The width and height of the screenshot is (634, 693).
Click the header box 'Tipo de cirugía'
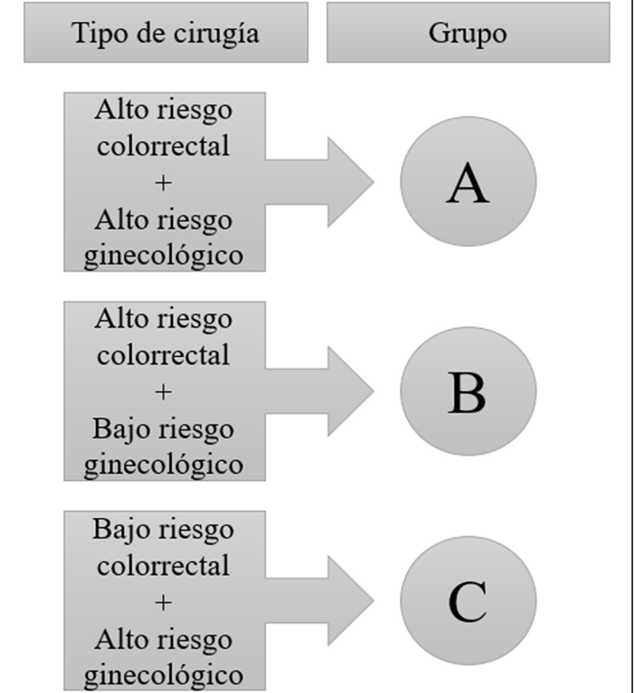point(166,32)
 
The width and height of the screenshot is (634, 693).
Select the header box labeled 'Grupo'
point(468,32)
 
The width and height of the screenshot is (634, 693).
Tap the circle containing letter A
point(468,181)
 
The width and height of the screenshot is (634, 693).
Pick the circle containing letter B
point(468,390)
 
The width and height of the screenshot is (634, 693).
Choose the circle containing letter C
point(468,600)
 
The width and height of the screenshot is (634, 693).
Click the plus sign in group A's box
point(164,182)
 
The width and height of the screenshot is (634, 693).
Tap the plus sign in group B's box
point(164,392)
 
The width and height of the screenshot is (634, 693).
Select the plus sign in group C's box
point(164,602)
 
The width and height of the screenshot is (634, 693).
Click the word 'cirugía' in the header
point(219,33)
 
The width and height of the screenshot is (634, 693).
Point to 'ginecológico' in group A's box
point(164,256)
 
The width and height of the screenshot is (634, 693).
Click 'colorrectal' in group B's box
point(164,355)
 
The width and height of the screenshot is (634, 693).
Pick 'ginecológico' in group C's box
point(164,675)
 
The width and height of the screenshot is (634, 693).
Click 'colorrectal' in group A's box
point(164,146)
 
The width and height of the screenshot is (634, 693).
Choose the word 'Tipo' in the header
point(93,33)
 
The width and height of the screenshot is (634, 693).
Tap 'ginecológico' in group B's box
point(164,465)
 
